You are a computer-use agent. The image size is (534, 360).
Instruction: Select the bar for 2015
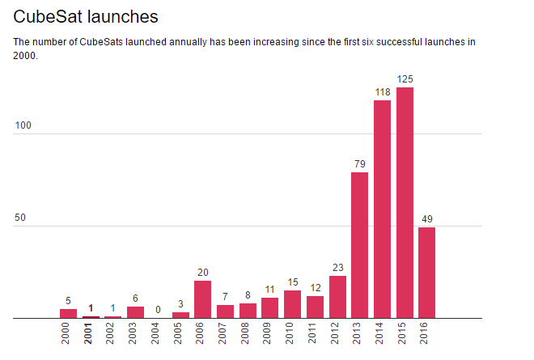[405, 202]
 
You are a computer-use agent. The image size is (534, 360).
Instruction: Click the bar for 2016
[426, 273]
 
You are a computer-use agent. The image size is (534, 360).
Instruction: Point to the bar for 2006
[203, 299]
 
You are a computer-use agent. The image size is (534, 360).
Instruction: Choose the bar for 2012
[337, 297]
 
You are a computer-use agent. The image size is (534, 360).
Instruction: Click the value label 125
[405, 78]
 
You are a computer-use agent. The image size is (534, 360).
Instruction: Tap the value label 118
[382, 91]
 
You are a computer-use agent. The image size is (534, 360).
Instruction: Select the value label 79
[360, 164]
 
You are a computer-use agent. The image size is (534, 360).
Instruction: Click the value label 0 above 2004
[159, 310]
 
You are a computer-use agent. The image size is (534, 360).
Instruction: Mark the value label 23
[337, 268]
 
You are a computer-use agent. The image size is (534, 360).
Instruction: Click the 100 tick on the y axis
[24, 126]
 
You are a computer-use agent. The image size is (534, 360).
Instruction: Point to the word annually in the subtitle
[201, 41]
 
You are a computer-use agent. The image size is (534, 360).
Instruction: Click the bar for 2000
[69, 313]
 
